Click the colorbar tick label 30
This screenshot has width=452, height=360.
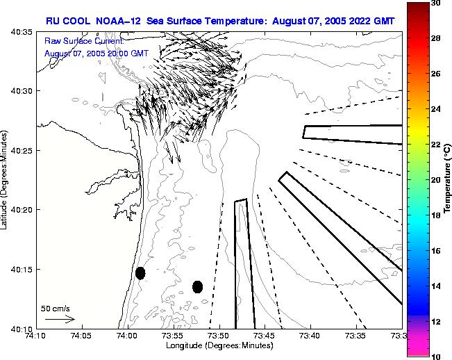tap(435, 3)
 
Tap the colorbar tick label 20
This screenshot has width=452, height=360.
tap(435, 180)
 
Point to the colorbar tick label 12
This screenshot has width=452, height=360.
tap(435, 322)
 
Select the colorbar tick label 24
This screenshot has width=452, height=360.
tap(435, 109)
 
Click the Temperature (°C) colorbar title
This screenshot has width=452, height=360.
tap(448, 180)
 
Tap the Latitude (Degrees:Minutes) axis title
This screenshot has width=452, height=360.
tap(6, 180)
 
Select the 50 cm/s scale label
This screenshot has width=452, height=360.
tap(56, 308)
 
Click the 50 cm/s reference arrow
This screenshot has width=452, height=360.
tap(60, 319)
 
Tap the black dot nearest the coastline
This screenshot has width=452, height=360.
tap(140, 273)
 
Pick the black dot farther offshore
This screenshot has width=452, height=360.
tap(198, 286)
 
